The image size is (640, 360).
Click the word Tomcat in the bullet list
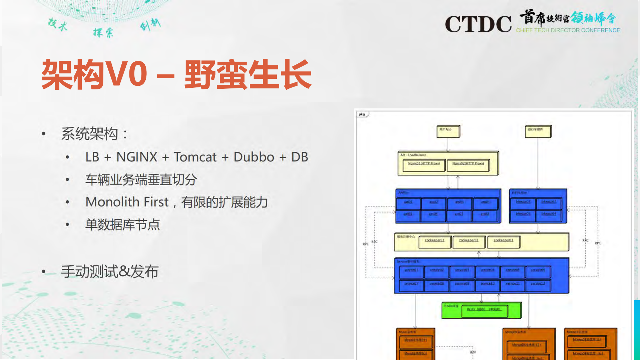pos(195,157)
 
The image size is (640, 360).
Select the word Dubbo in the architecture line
pos(254,157)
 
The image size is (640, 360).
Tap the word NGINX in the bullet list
pos(137,157)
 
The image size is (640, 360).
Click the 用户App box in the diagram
pos(448,131)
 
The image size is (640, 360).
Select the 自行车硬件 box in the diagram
pos(538,131)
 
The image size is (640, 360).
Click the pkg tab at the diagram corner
pos(362,114)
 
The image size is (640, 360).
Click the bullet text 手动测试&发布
pos(110,272)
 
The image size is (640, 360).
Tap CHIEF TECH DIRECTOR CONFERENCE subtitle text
pos(568,30)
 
